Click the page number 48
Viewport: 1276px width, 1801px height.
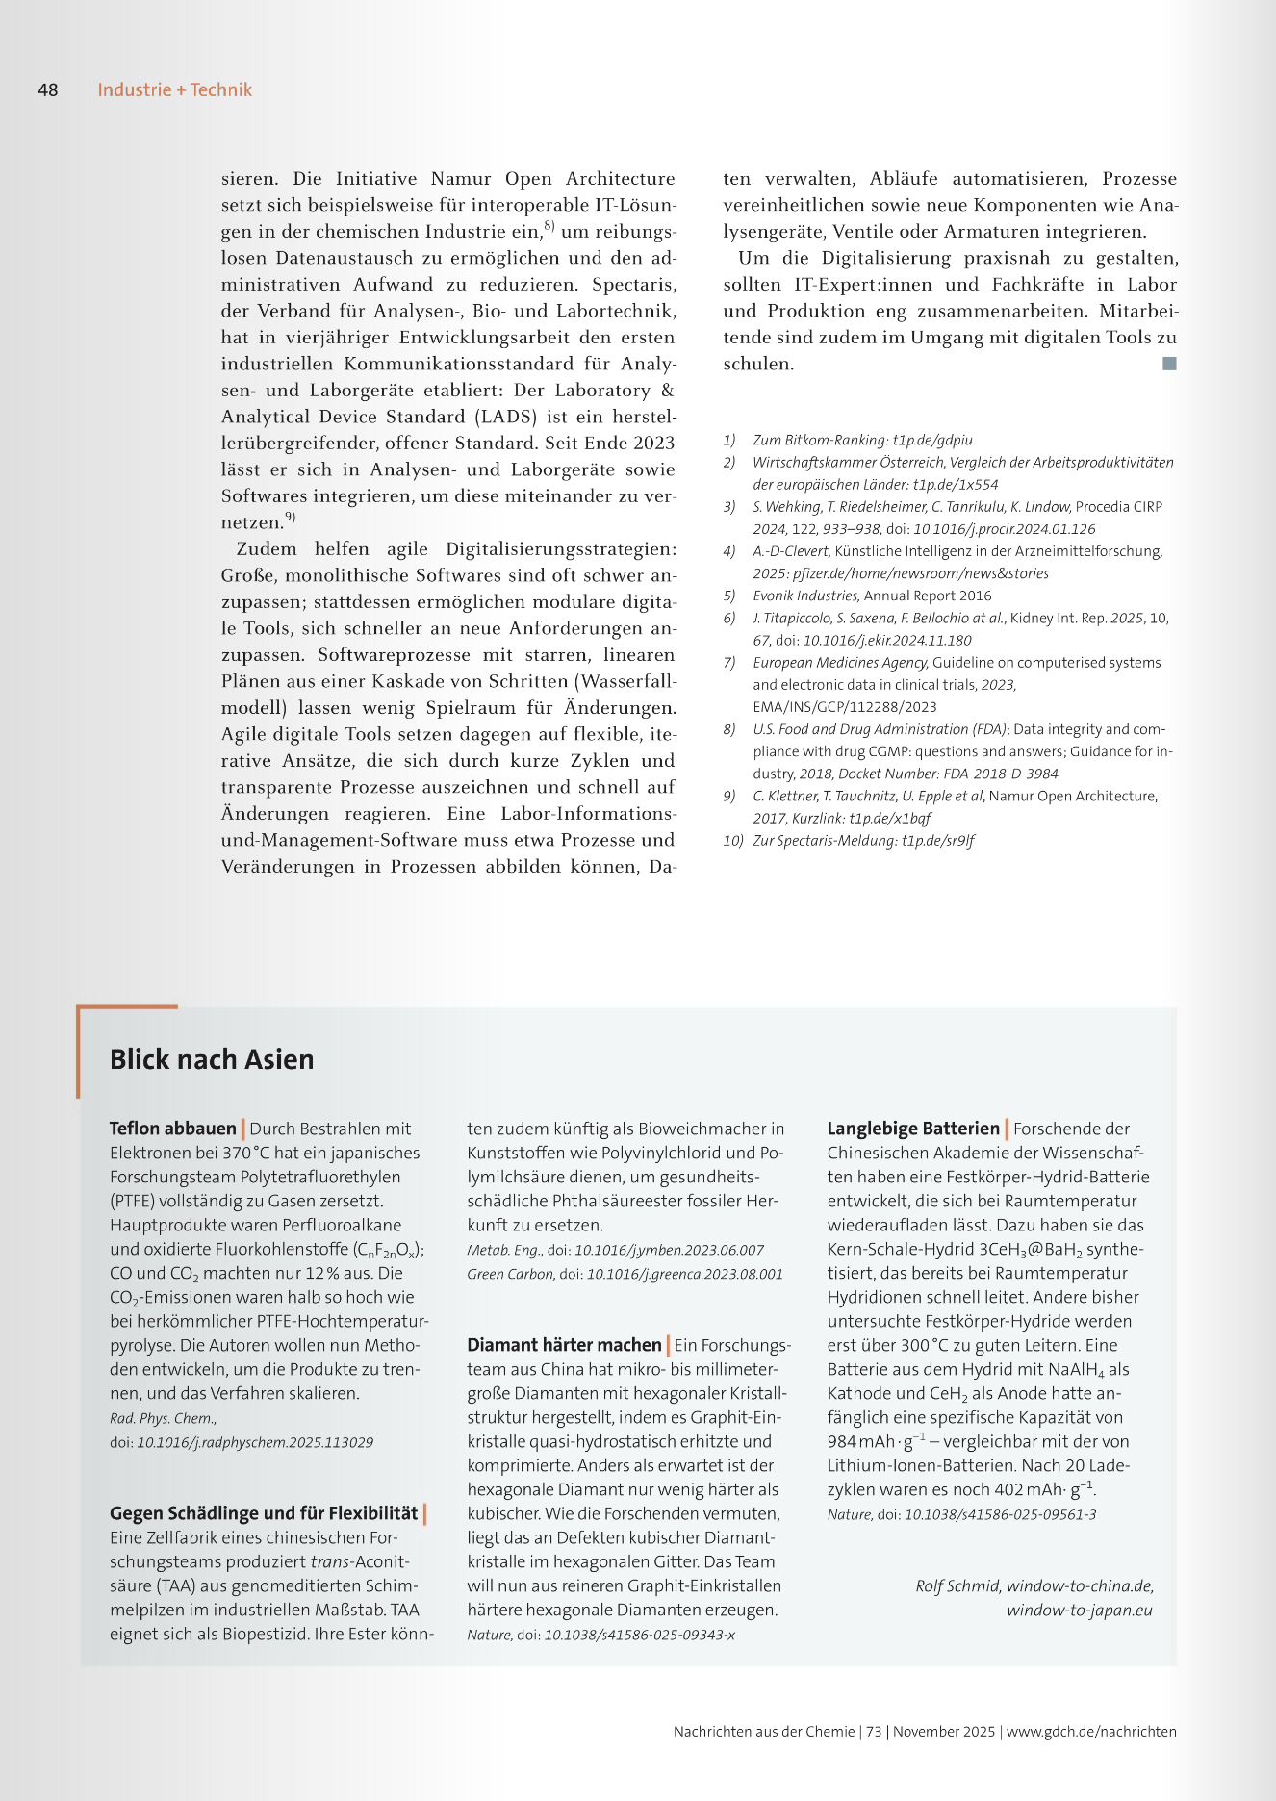(x=48, y=90)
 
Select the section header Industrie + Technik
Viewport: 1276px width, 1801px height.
(x=174, y=90)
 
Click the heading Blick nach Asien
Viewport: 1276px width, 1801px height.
(x=212, y=1059)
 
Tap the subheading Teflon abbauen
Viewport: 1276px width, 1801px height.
(x=173, y=1129)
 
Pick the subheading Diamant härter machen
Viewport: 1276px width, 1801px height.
(x=564, y=1345)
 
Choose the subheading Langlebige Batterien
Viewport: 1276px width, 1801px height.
(x=913, y=1129)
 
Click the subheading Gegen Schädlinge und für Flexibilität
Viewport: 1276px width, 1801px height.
(x=264, y=1513)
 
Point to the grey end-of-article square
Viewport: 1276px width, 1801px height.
(x=1169, y=364)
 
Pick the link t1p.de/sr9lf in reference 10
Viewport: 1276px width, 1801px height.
(x=938, y=840)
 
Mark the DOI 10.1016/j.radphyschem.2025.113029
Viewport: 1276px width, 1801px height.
(x=255, y=1442)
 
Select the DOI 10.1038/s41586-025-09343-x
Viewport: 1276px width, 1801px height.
(x=640, y=1635)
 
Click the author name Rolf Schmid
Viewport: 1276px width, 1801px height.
(x=957, y=1586)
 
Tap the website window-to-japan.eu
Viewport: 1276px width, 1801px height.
(x=1080, y=1611)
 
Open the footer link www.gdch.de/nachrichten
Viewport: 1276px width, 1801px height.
(x=1091, y=1731)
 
